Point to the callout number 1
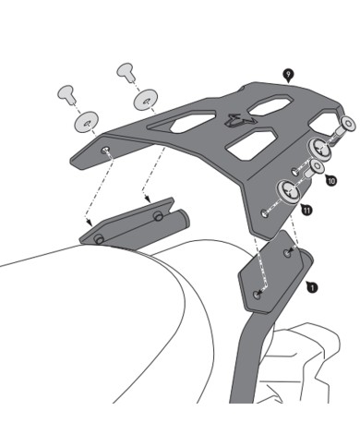point(313,288)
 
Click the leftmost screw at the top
point(66,92)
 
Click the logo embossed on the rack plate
point(240,118)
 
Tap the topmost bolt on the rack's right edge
point(347,123)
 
